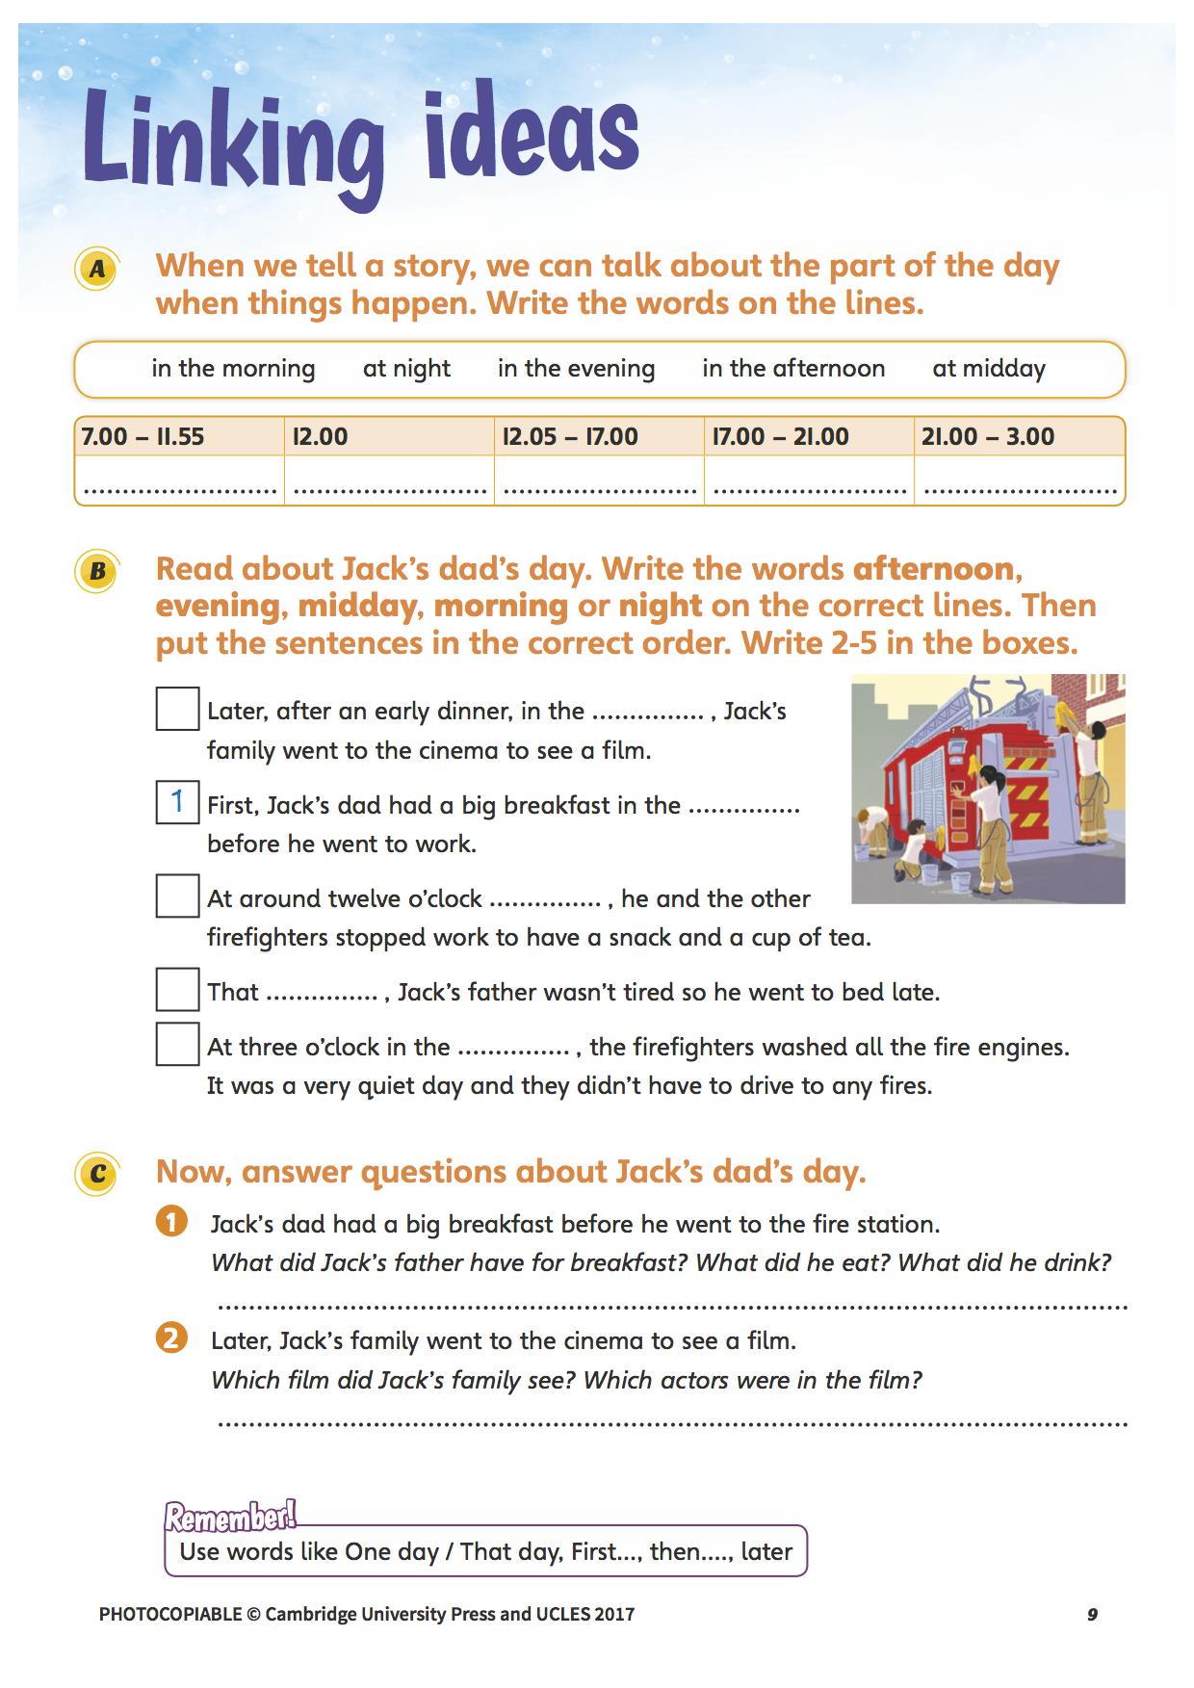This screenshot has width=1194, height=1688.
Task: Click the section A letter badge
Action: [x=96, y=269]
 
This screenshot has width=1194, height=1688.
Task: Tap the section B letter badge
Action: [x=96, y=571]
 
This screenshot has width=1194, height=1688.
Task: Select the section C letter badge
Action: [x=96, y=1174]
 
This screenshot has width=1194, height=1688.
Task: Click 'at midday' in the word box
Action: [x=988, y=369]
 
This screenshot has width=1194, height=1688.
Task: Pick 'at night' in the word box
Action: [x=406, y=369]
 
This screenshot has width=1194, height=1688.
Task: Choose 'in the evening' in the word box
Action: [x=576, y=369]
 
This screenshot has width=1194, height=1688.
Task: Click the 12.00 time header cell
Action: [x=388, y=436]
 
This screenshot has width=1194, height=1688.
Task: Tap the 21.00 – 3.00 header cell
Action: [x=1019, y=436]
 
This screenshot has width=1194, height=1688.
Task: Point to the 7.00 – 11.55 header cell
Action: [x=179, y=436]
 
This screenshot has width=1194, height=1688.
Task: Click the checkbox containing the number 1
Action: [x=177, y=802]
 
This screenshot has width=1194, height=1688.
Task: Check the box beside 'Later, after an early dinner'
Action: [x=177, y=709]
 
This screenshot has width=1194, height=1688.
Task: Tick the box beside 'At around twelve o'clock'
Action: [x=177, y=896]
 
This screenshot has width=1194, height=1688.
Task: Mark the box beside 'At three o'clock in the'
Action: [x=177, y=1044]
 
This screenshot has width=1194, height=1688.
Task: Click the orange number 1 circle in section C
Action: [x=171, y=1221]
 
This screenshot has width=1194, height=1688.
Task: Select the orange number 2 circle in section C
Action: [x=171, y=1337]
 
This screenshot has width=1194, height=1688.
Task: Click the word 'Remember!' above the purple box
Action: [x=230, y=1517]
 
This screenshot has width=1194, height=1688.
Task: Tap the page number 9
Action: [x=1092, y=1615]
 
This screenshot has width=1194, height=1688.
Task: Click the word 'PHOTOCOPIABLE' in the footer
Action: [x=170, y=1615]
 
